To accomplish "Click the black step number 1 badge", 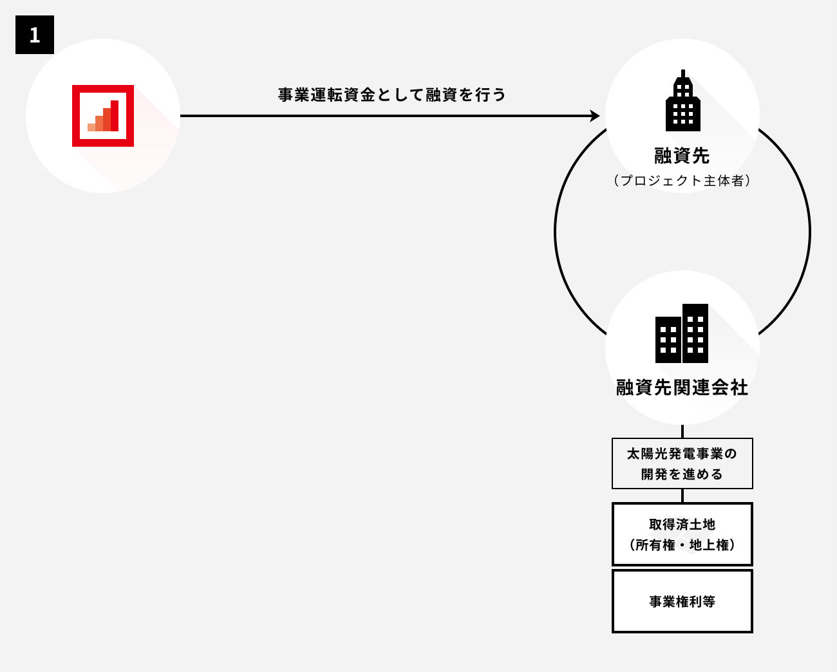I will point(35,35).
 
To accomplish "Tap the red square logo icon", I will point(103,116).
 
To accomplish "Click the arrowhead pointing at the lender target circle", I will point(595,116).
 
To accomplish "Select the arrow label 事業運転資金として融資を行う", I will point(392,95).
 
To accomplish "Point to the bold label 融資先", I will point(682,156).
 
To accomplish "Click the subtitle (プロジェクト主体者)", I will point(682,181).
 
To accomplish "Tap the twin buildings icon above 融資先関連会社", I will point(682,333).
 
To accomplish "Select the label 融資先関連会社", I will point(682,387).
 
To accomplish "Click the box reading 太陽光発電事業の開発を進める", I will point(682,463).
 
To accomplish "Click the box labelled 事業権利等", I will point(682,601).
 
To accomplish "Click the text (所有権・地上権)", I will point(682,545).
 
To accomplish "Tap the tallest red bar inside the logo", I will point(115,116).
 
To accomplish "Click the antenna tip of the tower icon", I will point(683,71).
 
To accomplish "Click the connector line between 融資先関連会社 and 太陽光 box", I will point(682,431).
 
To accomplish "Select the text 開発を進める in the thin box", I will point(682,474).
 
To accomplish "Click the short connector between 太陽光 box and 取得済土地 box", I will point(682,496).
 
